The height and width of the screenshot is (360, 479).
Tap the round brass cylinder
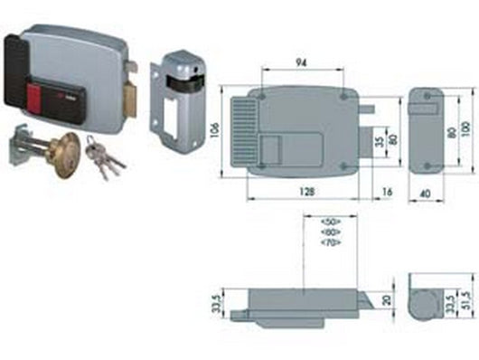(66, 149)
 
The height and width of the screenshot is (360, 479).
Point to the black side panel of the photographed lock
(16, 71)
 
